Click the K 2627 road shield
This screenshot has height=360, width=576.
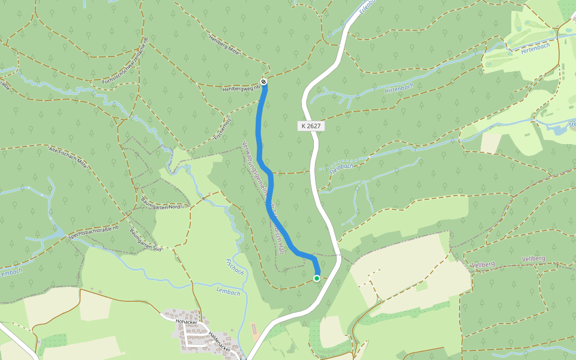pos(311,126)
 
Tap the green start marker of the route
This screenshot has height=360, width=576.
pos(317,278)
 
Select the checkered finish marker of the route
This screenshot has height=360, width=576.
pos(263,82)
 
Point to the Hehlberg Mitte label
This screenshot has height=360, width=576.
pos(224,45)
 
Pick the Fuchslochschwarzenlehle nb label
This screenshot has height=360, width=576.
pos(125,60)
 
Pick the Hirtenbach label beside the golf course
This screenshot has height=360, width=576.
pos(535,48)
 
